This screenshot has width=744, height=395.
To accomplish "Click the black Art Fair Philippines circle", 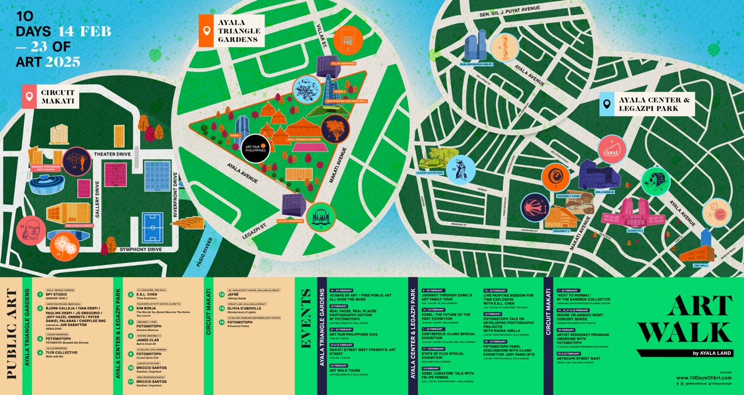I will tap(254, 147).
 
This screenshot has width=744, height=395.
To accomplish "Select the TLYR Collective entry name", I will tap(62, 352).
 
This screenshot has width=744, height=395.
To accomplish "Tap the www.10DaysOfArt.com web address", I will tap(703, 378).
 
